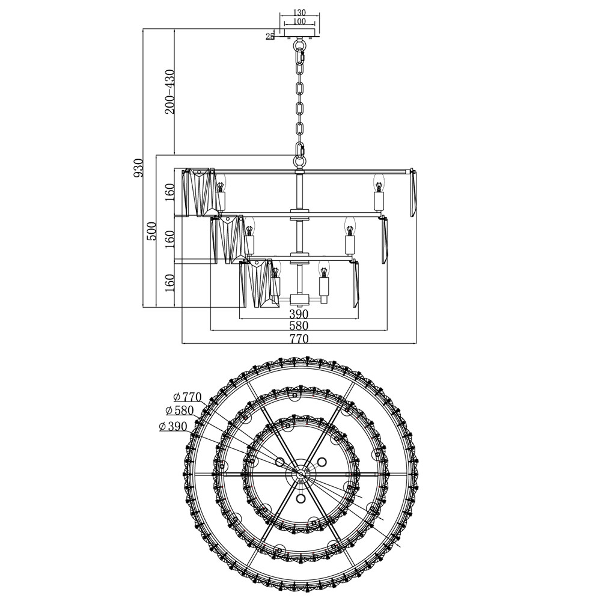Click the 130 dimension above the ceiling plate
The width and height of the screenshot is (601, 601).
coord(299,13)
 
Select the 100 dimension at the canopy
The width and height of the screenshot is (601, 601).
coord(299,22)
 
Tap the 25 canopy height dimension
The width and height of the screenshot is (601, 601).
coord(270,36)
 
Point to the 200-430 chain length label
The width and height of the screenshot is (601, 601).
coord(169,91)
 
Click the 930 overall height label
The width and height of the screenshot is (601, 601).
coord(138,168)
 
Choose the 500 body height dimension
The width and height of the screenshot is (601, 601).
coord(152,231)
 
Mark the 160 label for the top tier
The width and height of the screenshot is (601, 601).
coord(169,193)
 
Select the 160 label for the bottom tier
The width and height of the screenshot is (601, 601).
coord(169,283)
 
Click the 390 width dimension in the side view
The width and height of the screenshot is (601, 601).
coord(299,314)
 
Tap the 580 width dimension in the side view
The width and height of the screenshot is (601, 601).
coord(299,326)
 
